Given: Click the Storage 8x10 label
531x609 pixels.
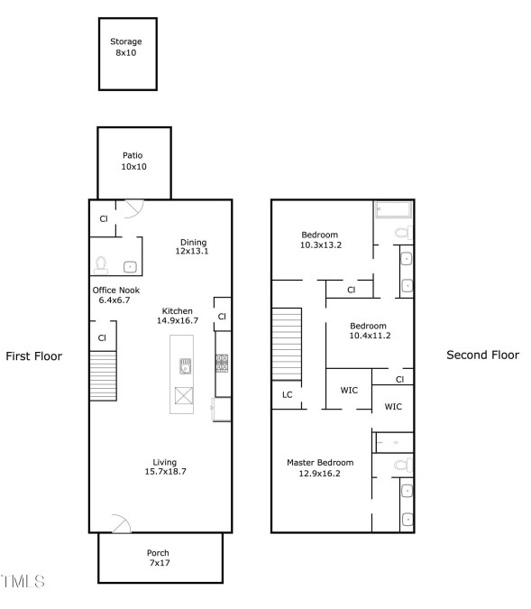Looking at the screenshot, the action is (126, 47).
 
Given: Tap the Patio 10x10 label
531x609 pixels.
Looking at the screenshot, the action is (133, 161).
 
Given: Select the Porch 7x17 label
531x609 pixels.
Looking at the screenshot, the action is (159, 558).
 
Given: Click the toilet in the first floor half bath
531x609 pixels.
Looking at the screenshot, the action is (101, 265).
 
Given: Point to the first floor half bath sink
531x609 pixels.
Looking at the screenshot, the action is (130, 267).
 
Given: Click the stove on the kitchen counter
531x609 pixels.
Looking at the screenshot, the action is (222, 364).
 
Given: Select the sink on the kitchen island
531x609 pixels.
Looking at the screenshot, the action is (185, 366).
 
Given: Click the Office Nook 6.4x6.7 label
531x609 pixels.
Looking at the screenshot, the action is (115, 295).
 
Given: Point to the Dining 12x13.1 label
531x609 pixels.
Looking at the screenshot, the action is (192, 246).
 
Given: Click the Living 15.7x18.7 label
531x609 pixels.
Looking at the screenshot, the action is (165, 466).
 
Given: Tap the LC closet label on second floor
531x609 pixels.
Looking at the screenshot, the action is (288, 395).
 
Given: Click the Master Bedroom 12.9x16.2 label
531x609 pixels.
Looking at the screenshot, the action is (320, 467).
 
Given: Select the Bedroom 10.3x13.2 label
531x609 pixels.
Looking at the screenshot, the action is (321, 240).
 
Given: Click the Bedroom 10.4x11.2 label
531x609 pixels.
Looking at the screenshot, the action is (370, 330).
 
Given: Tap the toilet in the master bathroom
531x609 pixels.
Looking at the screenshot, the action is (403, 465).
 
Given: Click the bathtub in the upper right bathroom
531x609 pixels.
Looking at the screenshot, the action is (393, 209).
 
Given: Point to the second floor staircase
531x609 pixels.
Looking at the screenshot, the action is (287, 344).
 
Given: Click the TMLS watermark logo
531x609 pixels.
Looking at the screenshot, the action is (23, 581).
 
